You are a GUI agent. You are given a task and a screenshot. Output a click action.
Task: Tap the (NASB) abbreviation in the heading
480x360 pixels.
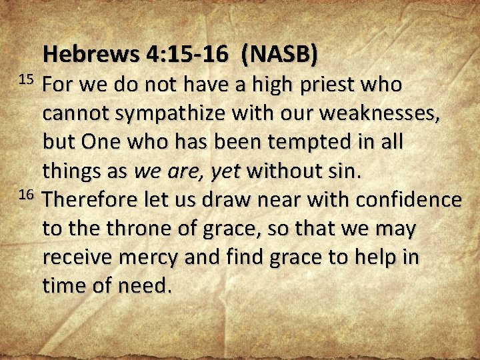coord(279,55)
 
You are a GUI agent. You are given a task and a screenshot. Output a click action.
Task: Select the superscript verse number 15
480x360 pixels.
coord(25,79)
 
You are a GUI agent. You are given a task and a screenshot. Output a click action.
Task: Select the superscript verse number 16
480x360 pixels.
coord(25,195)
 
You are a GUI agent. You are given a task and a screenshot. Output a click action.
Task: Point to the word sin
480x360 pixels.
coord(345,171)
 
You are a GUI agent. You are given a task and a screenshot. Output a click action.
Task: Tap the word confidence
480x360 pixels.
coord(408,200)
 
